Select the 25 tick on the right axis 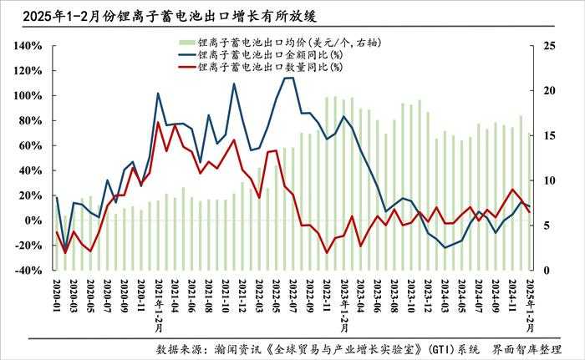550,45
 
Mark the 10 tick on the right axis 550,180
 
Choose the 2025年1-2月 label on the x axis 528,306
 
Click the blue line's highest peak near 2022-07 290,78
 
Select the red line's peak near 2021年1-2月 158,123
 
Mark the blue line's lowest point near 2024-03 445,248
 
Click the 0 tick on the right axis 547,271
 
